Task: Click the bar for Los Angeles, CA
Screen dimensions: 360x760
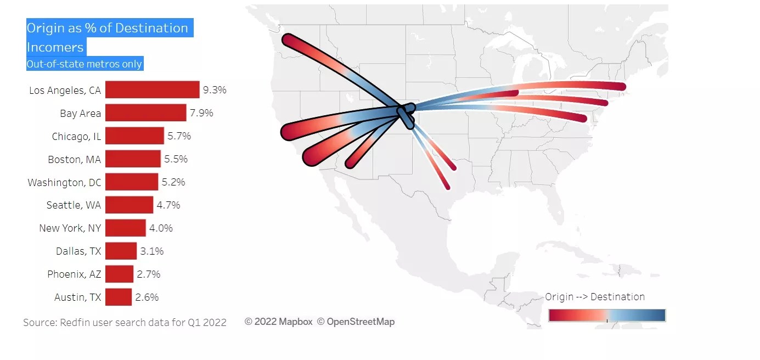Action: [152, 89]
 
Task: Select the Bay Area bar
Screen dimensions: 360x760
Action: [145, 113]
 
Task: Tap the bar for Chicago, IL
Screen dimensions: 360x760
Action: [134, 136]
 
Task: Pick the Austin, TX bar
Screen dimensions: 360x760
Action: [119, 297]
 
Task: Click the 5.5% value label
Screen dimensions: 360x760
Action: [176, 159]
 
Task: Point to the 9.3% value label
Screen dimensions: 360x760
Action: [215, 90]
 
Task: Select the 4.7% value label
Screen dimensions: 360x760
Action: [168, 205]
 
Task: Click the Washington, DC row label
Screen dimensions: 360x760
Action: [65, 182]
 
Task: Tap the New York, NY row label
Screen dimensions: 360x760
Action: [70, 228]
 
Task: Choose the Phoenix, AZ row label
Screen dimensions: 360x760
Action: [74, 274]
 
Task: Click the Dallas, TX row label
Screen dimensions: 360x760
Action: [78, 251]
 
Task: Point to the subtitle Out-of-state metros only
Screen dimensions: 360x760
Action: [85, 64]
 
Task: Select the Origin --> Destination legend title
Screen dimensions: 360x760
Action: [595, 297]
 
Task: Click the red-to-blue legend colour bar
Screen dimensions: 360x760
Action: [607, 316]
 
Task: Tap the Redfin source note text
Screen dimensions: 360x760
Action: [125, 323]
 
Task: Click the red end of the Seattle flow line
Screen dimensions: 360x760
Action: [289, 40]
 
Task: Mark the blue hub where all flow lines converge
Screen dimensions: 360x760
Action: [407, 112]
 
